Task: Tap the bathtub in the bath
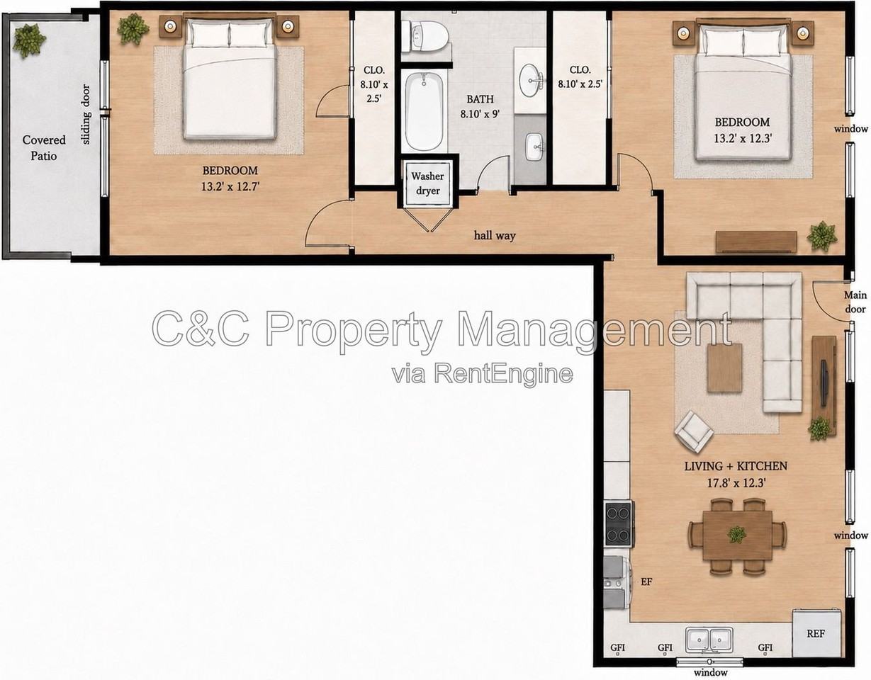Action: tap(424, 112)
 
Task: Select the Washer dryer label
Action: tap(427, 183)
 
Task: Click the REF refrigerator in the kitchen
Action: tap(816, 633)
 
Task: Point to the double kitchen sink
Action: tap(709, 640)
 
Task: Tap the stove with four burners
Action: tap(619, 524)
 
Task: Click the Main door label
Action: tap(855, 302)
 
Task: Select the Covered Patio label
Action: tap(44, 148)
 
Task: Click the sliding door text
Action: tap(86, 115)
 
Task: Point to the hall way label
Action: tap(495, 235)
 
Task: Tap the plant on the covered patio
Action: tap(28, 40)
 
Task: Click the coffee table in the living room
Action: tap(724, 368)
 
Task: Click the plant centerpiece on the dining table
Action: tap(737, 534)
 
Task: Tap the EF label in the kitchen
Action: tap(646, 581)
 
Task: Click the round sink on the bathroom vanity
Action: tap(531, 80)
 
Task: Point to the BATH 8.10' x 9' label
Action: tap(481, 106)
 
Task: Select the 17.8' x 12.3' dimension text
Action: tap(736, 483)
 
